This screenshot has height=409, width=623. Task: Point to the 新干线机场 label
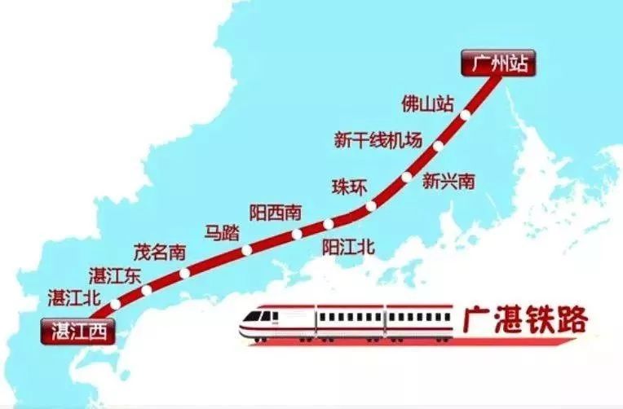(378, 140)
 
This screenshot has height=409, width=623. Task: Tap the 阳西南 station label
(276, 213)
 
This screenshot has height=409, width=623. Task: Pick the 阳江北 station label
(348, 246)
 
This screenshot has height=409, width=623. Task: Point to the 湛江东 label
(115, 275)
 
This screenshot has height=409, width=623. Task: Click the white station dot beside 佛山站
(465, 116)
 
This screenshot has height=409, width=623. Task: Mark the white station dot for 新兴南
(406, 177)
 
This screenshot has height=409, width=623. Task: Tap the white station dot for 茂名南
(184, 273)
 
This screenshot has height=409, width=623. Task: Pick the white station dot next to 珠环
(371, 206)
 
